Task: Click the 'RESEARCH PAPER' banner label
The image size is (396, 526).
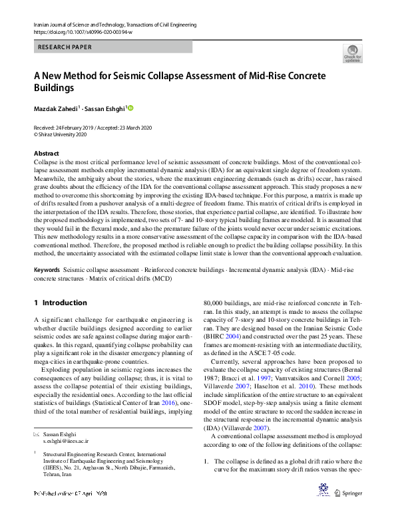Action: [x=65, y=47]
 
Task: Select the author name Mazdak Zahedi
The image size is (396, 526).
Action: [x=56, y=108]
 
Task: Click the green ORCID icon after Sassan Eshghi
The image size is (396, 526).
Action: [x=131, y=108]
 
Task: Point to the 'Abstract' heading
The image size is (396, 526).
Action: [x=46, y=154]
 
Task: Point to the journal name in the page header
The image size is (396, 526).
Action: [x=114, y=25]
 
